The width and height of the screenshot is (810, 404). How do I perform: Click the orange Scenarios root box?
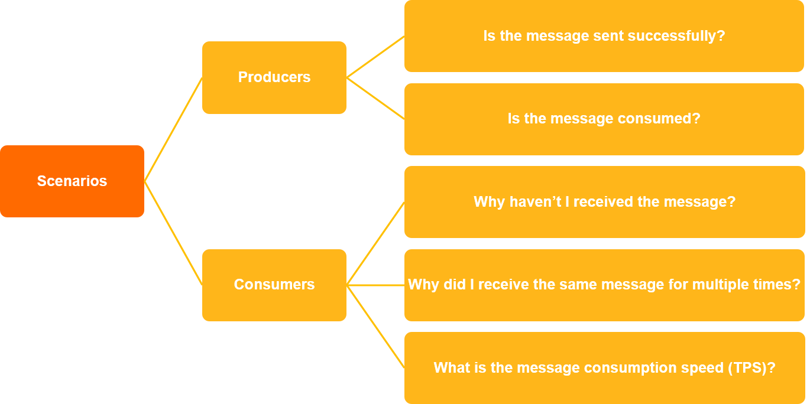coord(72,181)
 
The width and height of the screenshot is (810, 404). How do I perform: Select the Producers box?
coord(274,77)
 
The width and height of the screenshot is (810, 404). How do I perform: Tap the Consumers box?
coord(274,285)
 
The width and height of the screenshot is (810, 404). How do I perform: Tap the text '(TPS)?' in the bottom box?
coord(751,368)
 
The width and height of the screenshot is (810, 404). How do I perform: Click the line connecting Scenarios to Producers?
coord(173,129)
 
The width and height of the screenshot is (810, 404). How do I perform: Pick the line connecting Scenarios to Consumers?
coord(173,233)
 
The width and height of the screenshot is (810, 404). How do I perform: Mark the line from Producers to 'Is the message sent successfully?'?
coord(375,57)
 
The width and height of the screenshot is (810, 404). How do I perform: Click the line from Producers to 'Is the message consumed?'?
coord(375,98)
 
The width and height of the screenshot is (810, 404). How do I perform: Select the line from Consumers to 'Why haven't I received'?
coord(375,243)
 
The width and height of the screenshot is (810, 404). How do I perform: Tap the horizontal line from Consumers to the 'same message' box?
coord(375,285)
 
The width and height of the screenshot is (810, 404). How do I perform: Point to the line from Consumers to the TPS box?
coord(375,326)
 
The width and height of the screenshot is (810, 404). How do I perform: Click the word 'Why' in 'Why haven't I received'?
coord(488,202)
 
